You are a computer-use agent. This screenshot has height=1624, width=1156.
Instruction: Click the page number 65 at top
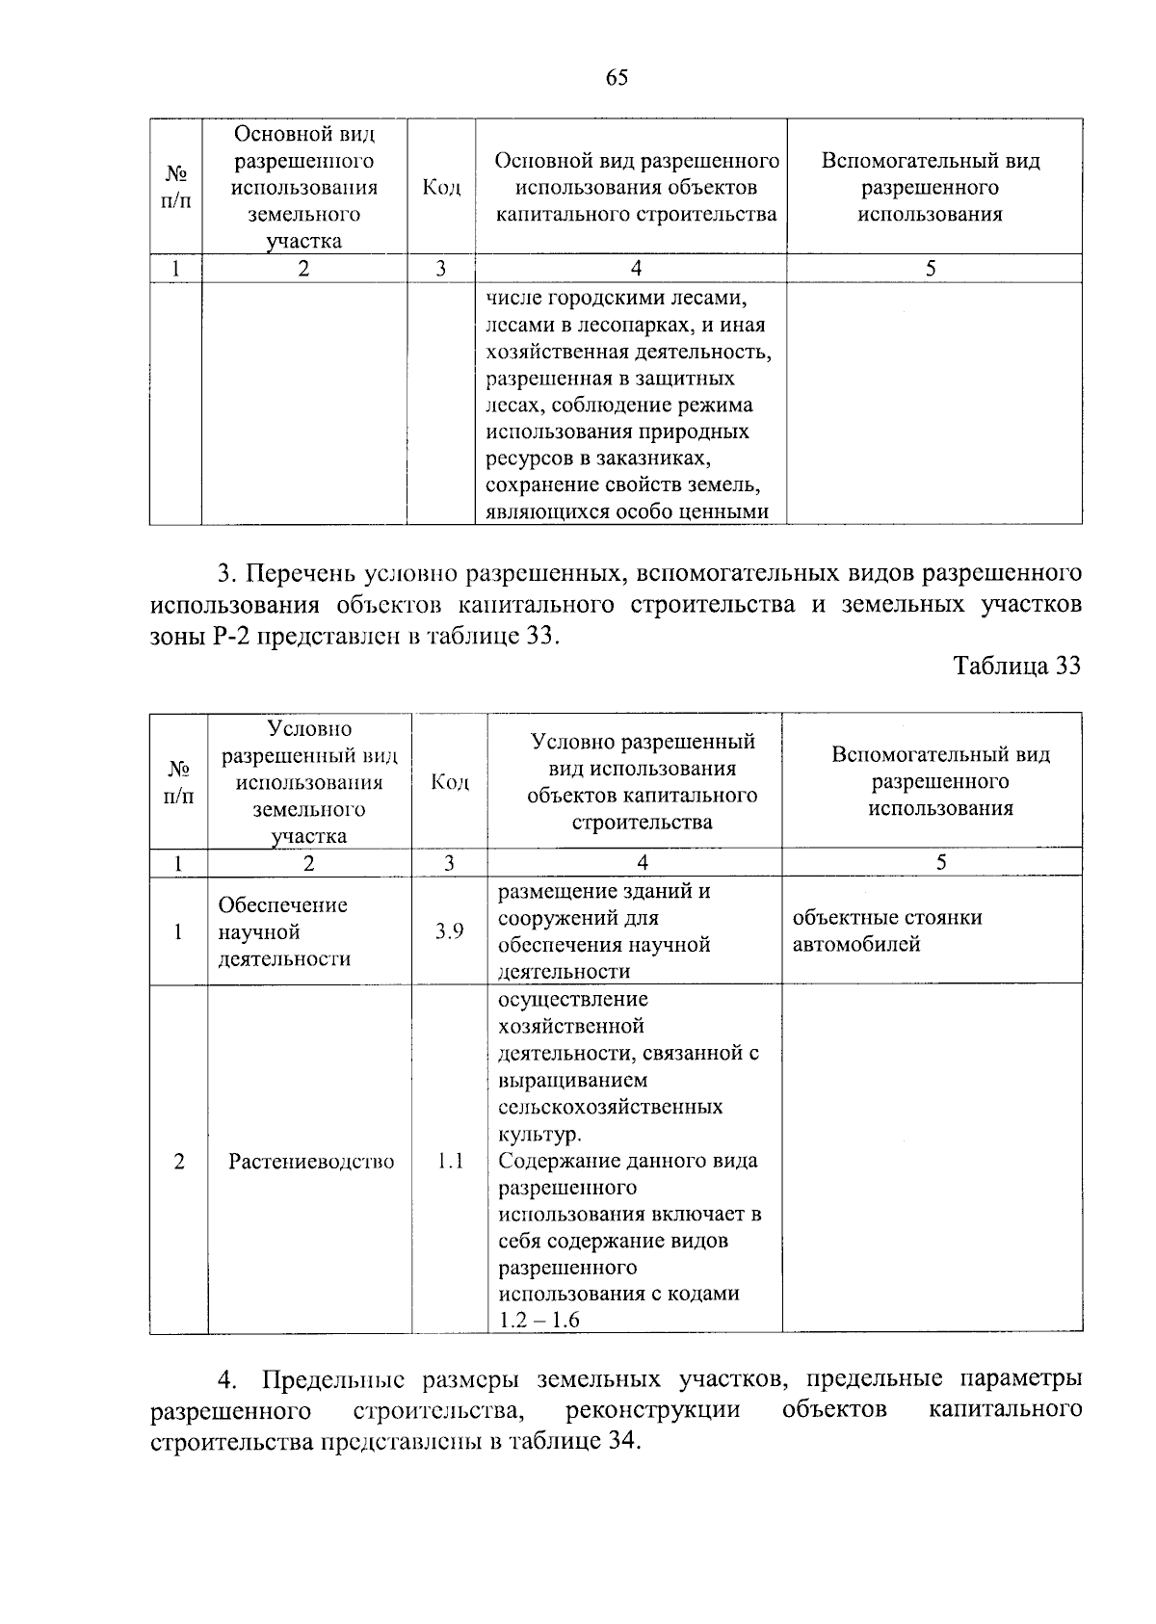(617, 78)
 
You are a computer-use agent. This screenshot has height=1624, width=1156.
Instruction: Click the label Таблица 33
(1016, 666)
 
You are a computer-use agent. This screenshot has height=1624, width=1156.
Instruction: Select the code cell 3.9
(449, 930)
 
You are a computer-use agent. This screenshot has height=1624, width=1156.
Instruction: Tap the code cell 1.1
(450, 1161)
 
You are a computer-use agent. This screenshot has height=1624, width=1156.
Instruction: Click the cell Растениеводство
(311, 1162)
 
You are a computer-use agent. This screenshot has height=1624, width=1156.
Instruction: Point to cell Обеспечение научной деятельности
(284, 931)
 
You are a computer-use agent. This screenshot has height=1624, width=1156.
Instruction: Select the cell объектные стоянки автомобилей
(886, 930)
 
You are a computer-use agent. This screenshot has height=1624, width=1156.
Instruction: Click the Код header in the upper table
(441, 187)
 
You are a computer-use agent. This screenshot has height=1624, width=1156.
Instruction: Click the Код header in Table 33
(450, 781)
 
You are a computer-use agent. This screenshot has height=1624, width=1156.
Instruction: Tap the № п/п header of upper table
(176, 187)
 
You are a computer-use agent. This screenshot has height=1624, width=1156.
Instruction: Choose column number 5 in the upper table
(931, 269)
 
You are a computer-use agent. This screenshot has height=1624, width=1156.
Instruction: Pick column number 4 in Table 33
(643, 863)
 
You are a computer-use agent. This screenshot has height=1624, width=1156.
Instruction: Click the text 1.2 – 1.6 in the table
(539, 1320)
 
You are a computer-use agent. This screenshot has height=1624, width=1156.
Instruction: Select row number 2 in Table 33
(179, 1161)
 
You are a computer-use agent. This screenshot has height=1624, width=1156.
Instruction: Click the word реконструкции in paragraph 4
(653, 1410)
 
